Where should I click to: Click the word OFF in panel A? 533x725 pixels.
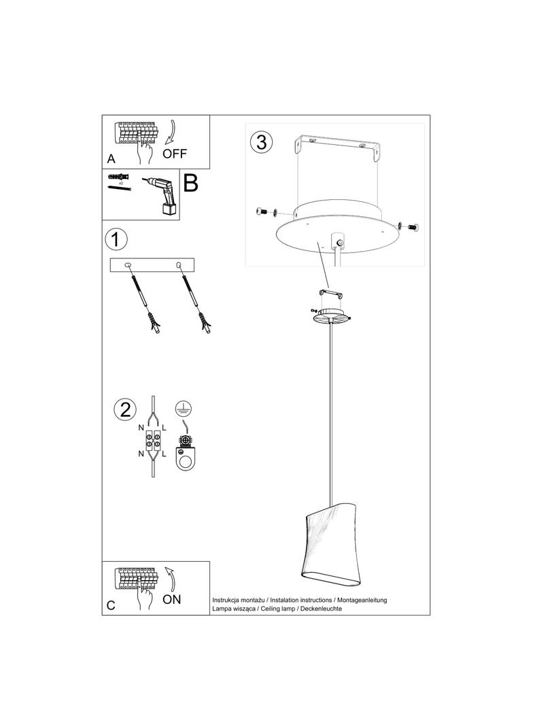pos(175,153)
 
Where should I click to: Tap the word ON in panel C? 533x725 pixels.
pos(172,600)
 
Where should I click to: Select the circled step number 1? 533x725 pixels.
pos(116,239)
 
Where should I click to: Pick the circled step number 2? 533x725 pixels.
pos(125,409)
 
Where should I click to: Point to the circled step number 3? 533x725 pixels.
pos(261,143)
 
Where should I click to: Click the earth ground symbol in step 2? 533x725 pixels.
pos(182,407)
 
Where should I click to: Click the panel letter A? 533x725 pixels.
pos(111,160)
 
